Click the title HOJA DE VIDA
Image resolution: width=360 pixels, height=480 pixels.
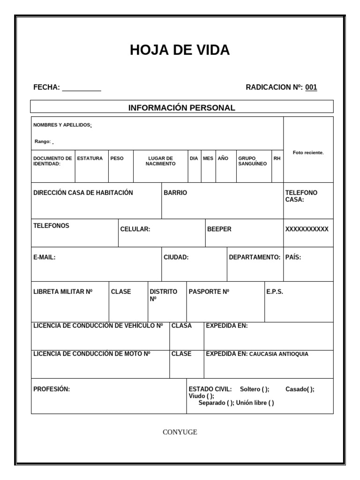(180, 50)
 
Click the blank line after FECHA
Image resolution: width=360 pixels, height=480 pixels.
(82, 88)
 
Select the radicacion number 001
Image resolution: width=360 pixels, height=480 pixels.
(311, 87)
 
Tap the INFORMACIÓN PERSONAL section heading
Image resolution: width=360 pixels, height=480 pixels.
(182, 108)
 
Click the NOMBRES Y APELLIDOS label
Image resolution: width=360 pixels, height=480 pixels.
(62, 125)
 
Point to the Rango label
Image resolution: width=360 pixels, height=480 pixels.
(43, 142)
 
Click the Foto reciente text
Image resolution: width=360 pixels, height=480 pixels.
(308, 153)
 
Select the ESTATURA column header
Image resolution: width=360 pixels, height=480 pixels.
(90, 158)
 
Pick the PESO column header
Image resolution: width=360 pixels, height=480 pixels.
(117, 158)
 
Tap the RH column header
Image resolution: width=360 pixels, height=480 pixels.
(277, 158)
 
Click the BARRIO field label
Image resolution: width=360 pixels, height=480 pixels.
(175, 193)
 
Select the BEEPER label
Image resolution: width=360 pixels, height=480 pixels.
(219, 229)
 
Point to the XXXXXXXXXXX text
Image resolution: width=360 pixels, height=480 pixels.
(307, 229)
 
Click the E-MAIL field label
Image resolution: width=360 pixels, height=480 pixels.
(45, 257)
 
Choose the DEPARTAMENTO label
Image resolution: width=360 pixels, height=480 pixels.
(255, 257)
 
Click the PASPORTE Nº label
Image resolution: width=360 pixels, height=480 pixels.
(209, 292)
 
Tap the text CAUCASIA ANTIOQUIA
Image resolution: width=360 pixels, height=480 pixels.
(278, 354)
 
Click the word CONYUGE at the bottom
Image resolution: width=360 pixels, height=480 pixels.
(180, 432)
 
